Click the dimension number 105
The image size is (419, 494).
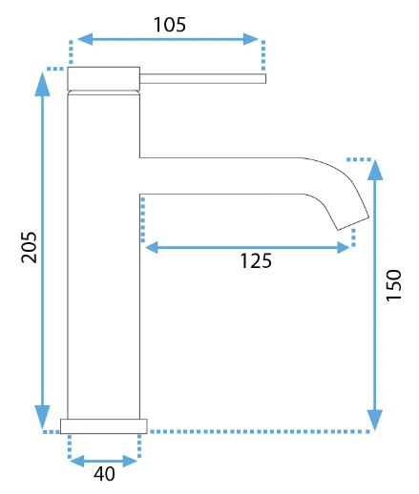[x=170, y=25]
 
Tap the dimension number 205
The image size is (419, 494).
[x=29, y=247]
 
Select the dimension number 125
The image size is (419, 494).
[x=256, y=261]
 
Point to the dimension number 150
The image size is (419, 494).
[x=393, y=285]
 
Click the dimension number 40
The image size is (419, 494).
[x=104, y=474]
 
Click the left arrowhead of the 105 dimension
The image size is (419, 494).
[x=85, y=39]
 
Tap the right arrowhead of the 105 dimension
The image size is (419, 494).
[x=251, y=39]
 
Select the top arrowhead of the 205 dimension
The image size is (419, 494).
[x=42, y=84]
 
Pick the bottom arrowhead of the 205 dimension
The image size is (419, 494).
[x=42, y=417]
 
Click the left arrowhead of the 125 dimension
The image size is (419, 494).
[x=152, y=247]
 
